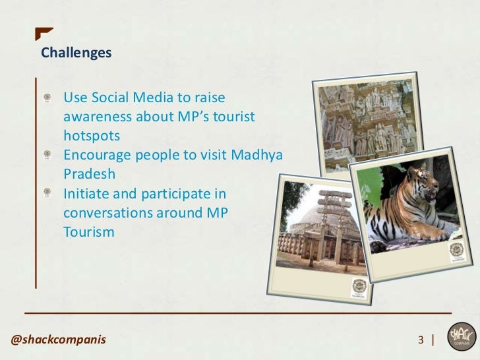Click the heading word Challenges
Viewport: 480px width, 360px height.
click(76, 53)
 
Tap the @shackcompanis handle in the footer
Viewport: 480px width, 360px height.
click(58, 340)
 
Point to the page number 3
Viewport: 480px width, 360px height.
click(421, 340)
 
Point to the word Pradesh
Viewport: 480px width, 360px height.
click(90, 175)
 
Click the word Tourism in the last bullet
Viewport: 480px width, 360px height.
click(89, 232)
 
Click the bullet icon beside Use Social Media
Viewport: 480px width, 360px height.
click(47, 98)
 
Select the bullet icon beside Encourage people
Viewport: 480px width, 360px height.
click(47, 156)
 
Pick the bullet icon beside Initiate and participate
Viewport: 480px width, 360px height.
click(47, 194)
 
